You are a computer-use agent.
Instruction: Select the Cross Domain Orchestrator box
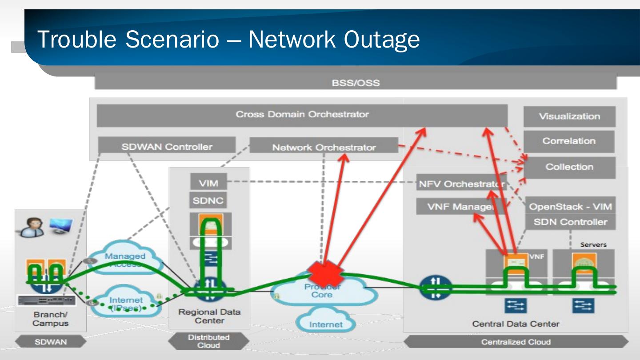[x=302, y=115]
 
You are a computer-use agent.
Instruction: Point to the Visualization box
[x=569, y=116]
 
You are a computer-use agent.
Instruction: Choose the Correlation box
[x=569, y=141]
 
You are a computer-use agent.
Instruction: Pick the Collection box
[x=569, y=167]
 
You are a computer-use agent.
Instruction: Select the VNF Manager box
[x=461, y=207]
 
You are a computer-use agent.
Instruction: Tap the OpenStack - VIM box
[x=570, y=206]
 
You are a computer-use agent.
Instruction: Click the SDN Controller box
[x=570, y=222]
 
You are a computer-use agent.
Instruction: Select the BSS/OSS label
[x=356, y=82]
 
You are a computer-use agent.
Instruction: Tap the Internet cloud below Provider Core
[x=326, y=324]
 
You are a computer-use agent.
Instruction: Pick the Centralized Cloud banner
[x=516, y=342]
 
